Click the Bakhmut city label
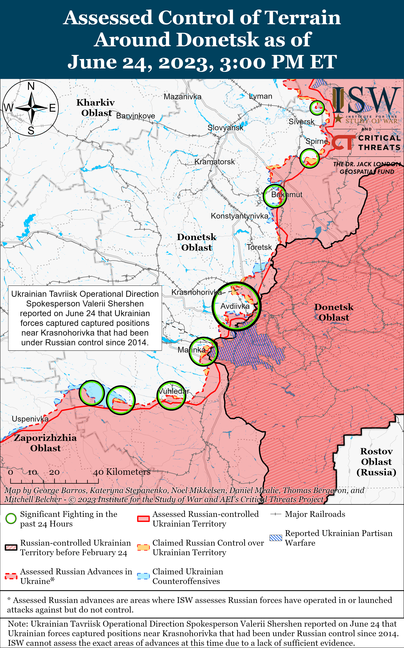click(287, 195)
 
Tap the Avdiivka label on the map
click(235, 306)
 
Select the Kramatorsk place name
click(214, 162)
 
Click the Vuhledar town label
click(174, 391)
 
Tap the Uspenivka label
click(30, 419)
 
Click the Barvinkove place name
click(135, 116)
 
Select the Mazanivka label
click(183, 97)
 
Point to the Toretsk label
click(259, 247)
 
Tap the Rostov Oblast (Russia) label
click(376, 462)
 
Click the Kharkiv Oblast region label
click(96, 108)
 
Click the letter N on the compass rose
click(31, 86)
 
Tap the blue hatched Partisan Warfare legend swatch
click(276, 538)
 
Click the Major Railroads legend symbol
click(276, 514)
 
